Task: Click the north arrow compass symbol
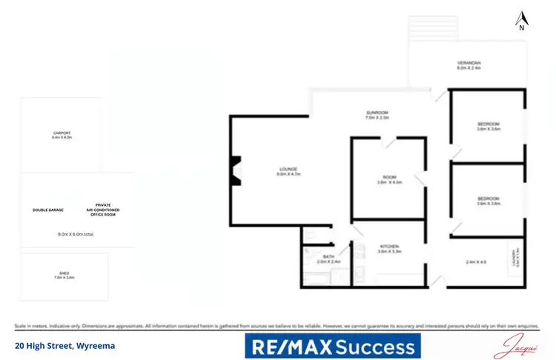522,19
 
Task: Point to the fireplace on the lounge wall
235,170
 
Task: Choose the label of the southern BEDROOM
489,200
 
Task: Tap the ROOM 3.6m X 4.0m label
388,179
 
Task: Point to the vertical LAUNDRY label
514,258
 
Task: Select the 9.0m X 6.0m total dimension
76,234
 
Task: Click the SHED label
64,275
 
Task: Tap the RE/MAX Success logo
332,346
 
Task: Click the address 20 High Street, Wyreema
64,346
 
